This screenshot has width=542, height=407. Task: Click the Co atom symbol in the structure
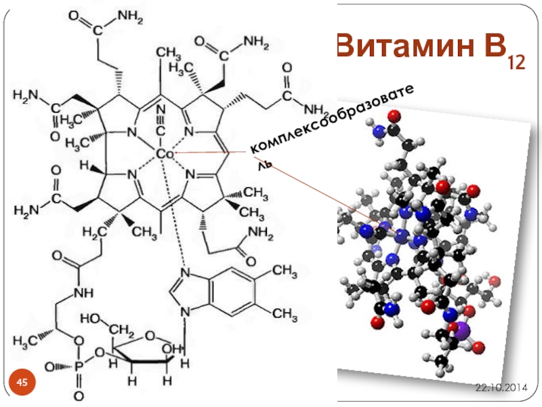tap(165, 155)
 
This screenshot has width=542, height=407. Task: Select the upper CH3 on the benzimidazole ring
tap(284, 271)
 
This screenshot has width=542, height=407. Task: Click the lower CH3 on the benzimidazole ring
tap(284, 313)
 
